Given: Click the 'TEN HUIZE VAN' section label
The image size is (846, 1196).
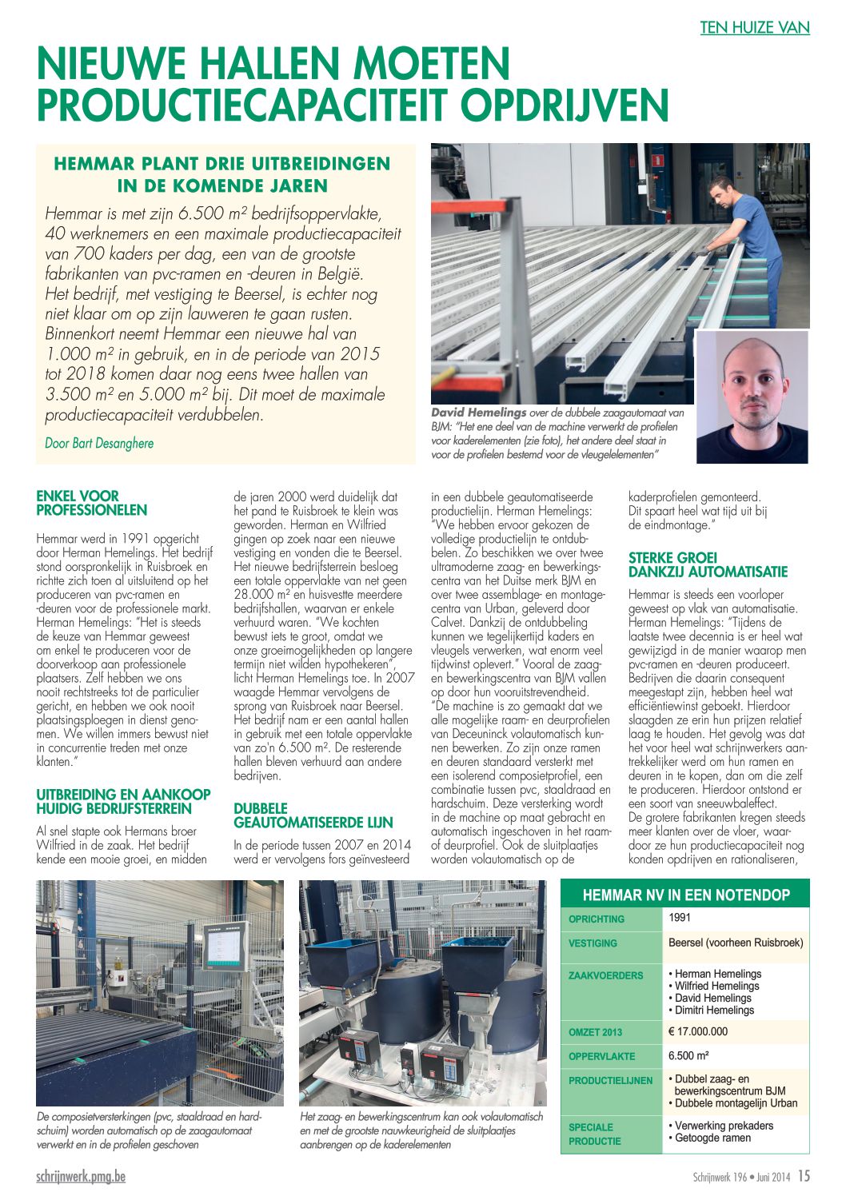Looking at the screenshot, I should click(755, 28).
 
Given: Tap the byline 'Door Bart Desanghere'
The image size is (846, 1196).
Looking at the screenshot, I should click(99, 443).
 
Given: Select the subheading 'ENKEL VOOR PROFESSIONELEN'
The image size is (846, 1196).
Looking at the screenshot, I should click(92, 503).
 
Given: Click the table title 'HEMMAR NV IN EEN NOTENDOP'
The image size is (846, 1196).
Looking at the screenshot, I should click(685, 895).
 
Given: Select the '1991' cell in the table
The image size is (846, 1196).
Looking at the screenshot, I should click(680, 918).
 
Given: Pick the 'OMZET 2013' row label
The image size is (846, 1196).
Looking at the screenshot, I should click(596, 1032).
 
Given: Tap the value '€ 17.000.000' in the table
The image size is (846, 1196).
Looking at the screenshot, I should click(698, 1031).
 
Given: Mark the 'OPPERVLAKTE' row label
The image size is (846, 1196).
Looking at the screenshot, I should click(601, 1056).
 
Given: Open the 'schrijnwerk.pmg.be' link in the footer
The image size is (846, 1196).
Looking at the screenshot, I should click(81, 1176).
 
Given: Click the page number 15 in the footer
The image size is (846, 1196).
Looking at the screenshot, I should click(804, 1176).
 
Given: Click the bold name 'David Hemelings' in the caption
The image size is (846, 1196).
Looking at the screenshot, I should click(478, 413).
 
